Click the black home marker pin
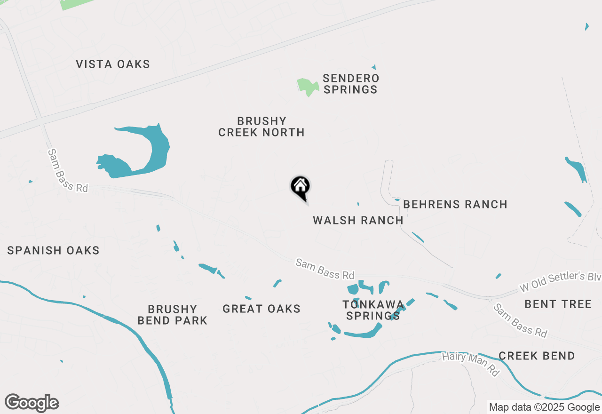300,187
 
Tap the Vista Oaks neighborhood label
113,64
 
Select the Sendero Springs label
350,84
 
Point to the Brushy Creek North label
261,127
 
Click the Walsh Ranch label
358,220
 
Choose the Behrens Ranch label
455,204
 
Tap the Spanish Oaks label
53,250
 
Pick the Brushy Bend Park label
172,315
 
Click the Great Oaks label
261,309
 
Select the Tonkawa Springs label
373,310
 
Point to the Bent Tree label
558,304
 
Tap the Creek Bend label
537,356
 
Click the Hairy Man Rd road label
470,363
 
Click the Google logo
32,403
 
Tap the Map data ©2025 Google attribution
544,407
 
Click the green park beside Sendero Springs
307,87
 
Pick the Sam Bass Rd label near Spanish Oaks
68,170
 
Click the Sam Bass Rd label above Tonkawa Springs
325,268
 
